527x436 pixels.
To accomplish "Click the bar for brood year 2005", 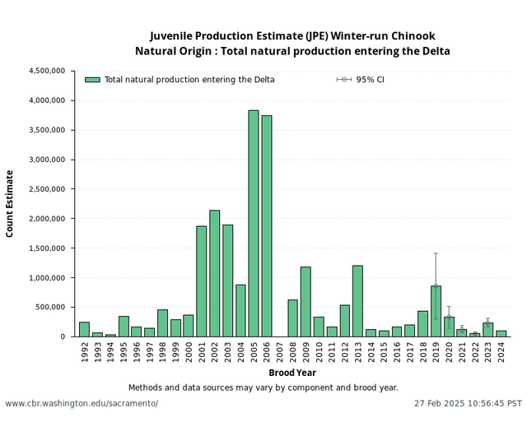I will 254,223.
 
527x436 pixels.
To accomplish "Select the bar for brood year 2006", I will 267,225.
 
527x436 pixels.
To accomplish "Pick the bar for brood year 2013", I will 357,301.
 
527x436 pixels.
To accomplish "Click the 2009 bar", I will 305,301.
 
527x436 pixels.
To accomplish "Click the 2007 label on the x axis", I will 280,352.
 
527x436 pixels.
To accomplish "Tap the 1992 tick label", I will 85,352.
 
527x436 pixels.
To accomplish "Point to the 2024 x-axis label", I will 501,352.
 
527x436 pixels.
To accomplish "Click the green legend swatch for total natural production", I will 92,80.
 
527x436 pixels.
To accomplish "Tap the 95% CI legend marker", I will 344,80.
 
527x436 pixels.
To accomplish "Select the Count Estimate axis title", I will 10,203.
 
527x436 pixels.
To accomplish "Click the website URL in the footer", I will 82,404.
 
